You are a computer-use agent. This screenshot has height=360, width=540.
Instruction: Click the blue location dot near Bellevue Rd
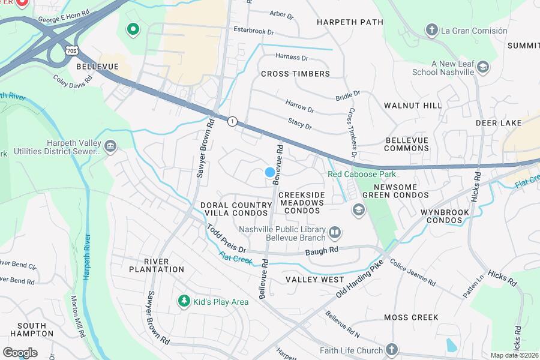click(x=270, y=172)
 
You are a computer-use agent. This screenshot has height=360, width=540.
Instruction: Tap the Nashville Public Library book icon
click(x=334, y=232)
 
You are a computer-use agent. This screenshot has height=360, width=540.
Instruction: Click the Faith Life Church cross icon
click(x=391, y=349)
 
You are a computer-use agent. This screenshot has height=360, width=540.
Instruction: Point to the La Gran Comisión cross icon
click(x=431, y=30)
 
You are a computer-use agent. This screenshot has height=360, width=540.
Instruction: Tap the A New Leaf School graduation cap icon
click(x=482, y=67)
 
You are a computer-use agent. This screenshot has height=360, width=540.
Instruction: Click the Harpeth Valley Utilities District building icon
click(x=110, y=146)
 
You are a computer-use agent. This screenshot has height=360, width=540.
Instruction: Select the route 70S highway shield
click(x=71, y=51)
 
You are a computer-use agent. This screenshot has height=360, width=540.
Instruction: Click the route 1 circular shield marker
click(x=232, y=121)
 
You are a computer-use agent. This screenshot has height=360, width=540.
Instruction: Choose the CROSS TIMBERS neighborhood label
click(x=295, y=74)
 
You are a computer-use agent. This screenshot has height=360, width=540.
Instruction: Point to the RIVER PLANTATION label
click(x=155, y=265)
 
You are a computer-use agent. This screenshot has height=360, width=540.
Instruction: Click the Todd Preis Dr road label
click(x=227, y=238)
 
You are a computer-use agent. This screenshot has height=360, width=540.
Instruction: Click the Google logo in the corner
click(x=20, y=352)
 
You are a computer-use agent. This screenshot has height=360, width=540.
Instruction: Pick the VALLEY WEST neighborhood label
click(x=314, y=280)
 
